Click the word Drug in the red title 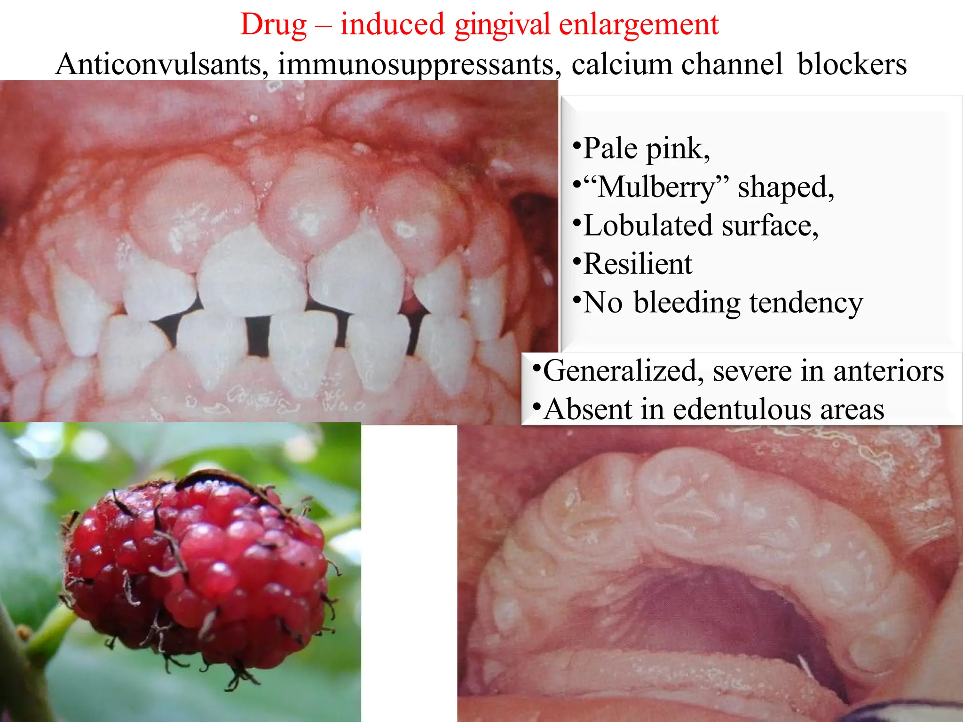tap(273, 24)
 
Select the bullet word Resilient tap(638, 264)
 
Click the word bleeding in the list tap(687, 302)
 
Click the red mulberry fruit tap(197, 569)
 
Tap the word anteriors tap(888, 371)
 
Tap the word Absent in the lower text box tap(587, 409)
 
